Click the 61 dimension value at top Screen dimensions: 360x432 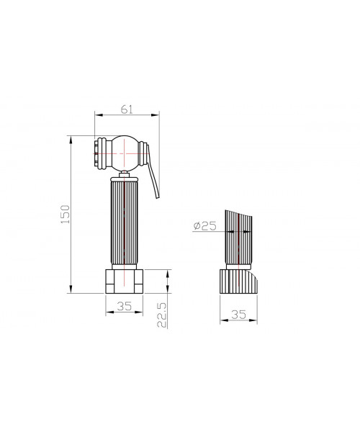(127, 109)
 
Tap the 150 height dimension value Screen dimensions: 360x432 (66, 215)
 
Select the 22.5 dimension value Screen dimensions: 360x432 (162, 315)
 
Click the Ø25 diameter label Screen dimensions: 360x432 (205, 226)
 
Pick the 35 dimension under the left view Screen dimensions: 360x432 (125, 306)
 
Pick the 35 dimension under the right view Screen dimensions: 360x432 (238, 315)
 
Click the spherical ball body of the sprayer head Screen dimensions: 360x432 (125, 153)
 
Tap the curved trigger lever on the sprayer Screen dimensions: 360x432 (153, 171)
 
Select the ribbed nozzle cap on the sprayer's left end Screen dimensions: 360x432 (101, 153)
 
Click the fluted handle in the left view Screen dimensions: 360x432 (125, 223)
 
